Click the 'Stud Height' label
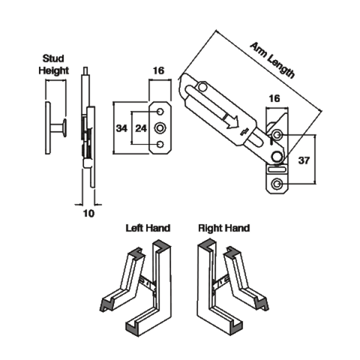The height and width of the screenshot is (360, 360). tap(54, 64)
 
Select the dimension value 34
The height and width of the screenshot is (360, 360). tap(122, 128)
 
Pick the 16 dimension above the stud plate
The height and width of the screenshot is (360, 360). tap(159, 71)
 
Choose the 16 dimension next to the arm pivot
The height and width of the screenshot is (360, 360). tap(275, 98)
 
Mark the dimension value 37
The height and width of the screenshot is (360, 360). tap(304, 160)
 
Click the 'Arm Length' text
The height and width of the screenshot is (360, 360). tap(272, 61)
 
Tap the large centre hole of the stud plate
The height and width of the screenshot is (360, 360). tap(160, 128)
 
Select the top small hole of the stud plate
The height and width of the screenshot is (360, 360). tap(160, 112)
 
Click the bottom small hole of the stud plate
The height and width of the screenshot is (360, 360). tap(160, 144)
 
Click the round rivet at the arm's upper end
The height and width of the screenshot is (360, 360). tap(203, 88)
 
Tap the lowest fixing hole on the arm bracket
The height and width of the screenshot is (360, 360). tap(277, 184)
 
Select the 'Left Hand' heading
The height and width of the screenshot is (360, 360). tap(148, 228)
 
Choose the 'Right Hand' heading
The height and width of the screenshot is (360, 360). tap(223, 228)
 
